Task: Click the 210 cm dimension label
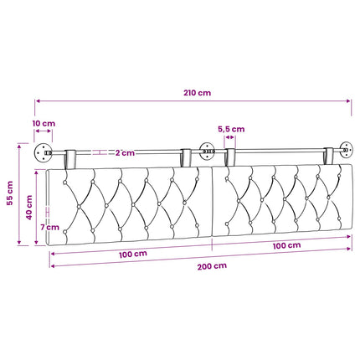pyautogui.click(x=197, y=93)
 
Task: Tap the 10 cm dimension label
pyautogui.click(x=44, y=123)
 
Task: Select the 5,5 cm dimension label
pyautogui.click(x=231, y=129)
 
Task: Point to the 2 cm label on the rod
pyautogui.click(x=125, y=153)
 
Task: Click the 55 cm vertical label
pyautogui.click(x=10, y=193)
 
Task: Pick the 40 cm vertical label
pyautogui.click(x=29, y=208)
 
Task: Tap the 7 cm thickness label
pyautogui.click(x=49, y=227)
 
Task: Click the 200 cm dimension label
pyautogui.click(x=212, y=266)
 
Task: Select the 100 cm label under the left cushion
pyautogui.click(x=133, y=255)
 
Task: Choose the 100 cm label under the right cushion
pyautogui.click(x=286, y=245)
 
